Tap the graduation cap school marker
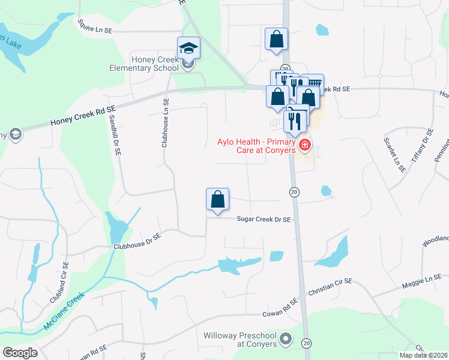pyautogui.click(x=188, y=47)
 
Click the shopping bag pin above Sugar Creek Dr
pyautogui.click(x=217, y=199)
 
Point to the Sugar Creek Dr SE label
pyautogui.click(x=265, y=220)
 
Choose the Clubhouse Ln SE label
pyautogui.click(x=166, y=123)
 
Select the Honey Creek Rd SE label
pyautogui.click(x=82, y=113)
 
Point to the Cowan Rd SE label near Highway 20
pyautogui.click(x=280, y=308)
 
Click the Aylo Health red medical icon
pyautogui.click(x=305, y=145)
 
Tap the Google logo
pyautogui.click(x=19, y=353)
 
